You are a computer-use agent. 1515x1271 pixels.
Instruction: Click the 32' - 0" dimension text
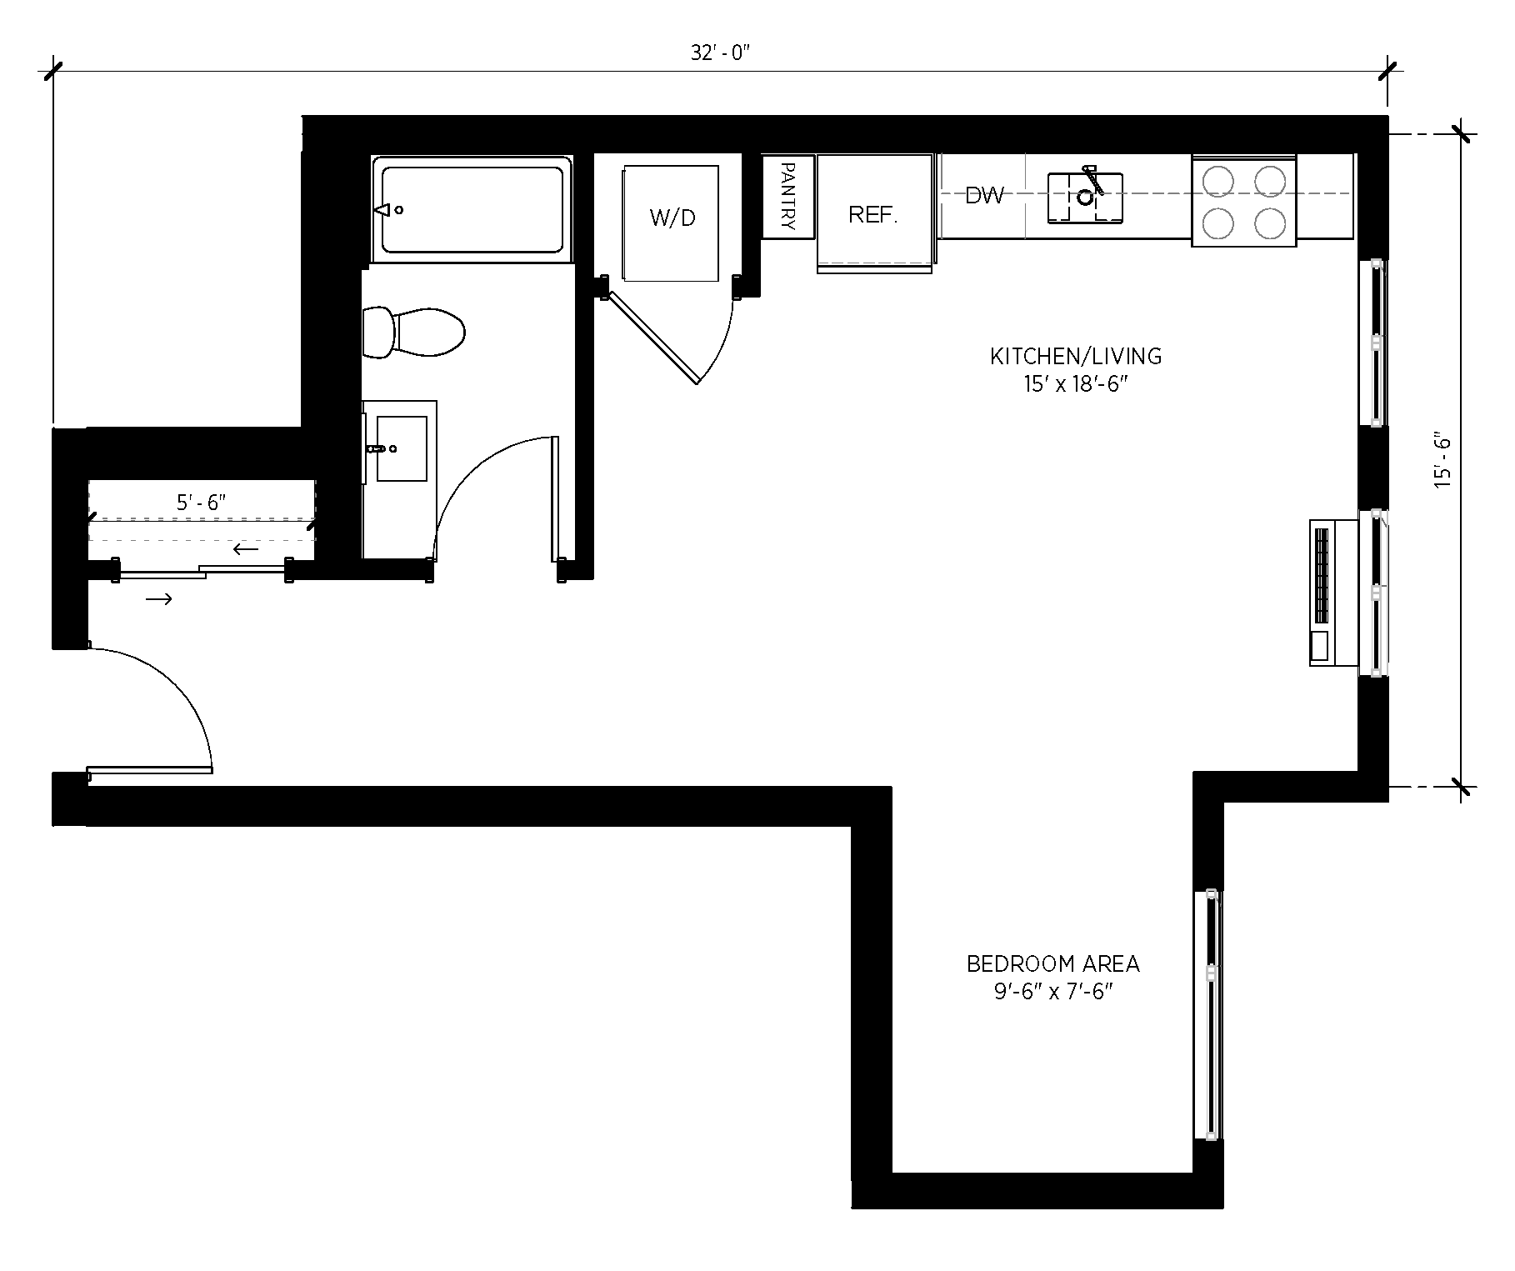[720, 53]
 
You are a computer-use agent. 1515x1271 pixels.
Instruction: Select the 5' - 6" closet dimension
[202, 503]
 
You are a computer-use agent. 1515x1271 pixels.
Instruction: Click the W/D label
[672, 218]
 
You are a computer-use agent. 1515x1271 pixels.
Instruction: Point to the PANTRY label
[787, 197]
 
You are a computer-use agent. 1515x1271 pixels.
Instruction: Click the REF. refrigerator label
[872, 215]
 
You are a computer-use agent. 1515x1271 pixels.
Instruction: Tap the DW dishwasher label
[984, 196]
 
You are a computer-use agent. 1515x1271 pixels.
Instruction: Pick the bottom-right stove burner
[1269, 223]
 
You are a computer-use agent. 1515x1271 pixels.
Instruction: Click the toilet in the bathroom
[414, 333]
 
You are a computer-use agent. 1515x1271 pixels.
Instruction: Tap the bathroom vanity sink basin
[401, 449]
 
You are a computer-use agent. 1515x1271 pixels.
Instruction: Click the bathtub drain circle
[399, 210]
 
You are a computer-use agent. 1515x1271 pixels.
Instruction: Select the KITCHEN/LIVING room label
[1075, 357]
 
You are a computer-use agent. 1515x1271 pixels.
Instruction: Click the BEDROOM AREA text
[1052, 964]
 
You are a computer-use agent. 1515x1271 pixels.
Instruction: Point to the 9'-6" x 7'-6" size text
[1053, 993]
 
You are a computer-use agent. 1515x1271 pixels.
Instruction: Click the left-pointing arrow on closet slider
[246, 549]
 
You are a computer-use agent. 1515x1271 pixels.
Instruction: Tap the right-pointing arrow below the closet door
[159, 598]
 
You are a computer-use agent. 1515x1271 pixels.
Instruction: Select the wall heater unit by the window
[1322, 592]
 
